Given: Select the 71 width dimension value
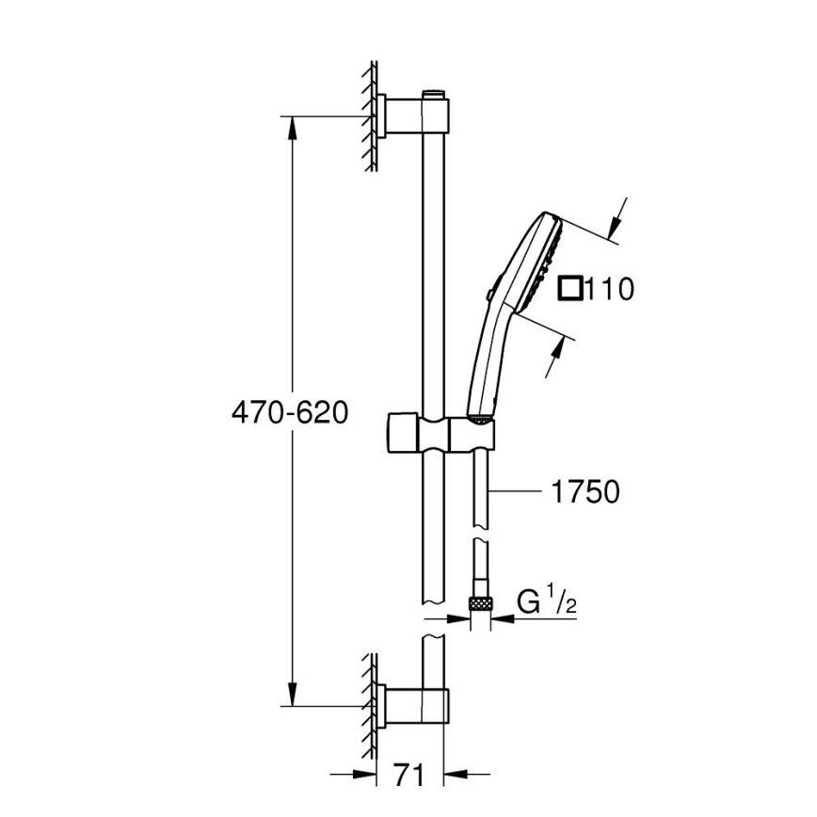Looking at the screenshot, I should pos(406,775).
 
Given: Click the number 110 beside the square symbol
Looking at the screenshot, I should pos(608,288).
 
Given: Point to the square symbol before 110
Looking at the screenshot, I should pos(569,287).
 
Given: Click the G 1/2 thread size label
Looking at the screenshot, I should pos(546,601).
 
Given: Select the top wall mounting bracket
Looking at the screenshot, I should pos(414,116).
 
